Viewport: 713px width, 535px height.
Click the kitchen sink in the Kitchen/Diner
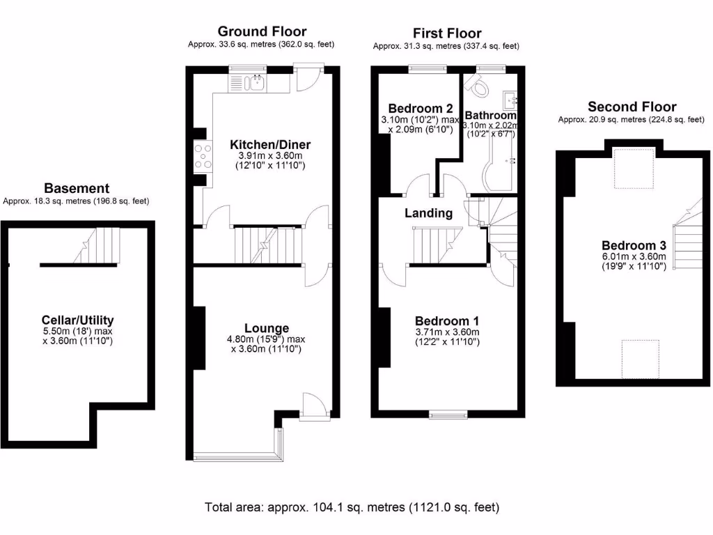click(257, 83)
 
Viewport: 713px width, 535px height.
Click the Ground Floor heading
click(262, 31)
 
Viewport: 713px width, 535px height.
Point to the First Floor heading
click(446, 33)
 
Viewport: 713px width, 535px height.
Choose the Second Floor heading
click(632, 107)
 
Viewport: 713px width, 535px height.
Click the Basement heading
click(77, 188)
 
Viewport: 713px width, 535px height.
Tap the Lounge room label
click(266, 328)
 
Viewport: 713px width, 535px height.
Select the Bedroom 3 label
click(634, 245)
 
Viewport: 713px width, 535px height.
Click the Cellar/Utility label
click(77, 320)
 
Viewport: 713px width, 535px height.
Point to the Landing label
click(428, 213)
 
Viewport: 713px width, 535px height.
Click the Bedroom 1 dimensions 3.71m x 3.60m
click(446, 332)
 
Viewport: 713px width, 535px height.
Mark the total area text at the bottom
click(352, 507)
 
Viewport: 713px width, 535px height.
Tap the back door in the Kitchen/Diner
click(307, 77)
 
